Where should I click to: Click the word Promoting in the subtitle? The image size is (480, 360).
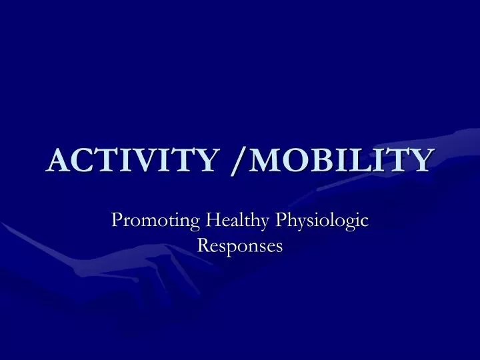pyautogui.click(x=157, y=219)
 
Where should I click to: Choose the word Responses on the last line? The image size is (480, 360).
pyautogui.click(x=240, y=245)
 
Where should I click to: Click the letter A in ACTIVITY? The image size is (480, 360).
pyautogui.click(x=61, y=160)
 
